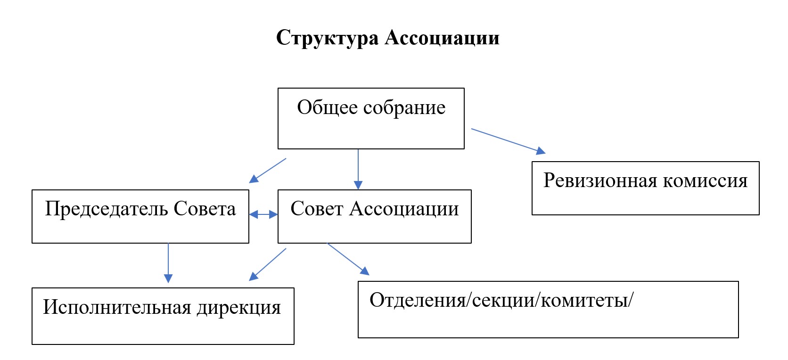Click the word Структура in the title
(327, 38)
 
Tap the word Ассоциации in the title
(442, 38)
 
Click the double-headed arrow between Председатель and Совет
(263, 215)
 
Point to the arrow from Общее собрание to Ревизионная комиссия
(508, 140)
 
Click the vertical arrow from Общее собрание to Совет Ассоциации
(358, 169)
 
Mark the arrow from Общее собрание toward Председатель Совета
(268, 170)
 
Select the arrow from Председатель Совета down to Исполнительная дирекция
(168, 262)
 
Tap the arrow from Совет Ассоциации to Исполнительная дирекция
(268, 264)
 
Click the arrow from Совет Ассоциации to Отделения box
(348, 259)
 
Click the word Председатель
(106, 209)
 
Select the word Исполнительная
(117, 308)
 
